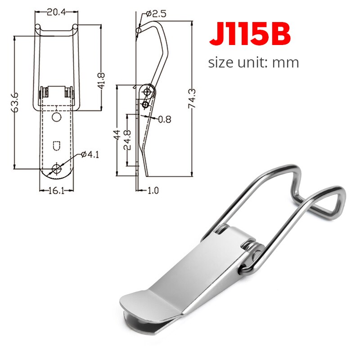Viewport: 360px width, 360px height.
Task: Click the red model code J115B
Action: [x=250, y=35]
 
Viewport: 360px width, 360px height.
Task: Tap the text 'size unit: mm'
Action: [x=253, y=62]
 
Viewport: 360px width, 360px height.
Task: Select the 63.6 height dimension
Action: [x=15, y=103]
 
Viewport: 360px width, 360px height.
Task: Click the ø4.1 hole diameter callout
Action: [x=90, y=154]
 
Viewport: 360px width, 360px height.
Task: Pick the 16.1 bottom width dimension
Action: [x=56, y=190]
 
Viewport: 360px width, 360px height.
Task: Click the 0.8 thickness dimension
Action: [x=165, y=119]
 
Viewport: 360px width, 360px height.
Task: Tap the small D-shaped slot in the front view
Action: [x=56, y=145]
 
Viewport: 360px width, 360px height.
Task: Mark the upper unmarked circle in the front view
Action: [x=56, y=117]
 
